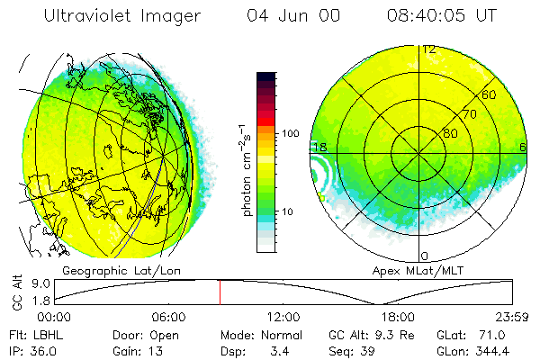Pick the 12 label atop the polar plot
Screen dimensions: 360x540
[x=429, y=49]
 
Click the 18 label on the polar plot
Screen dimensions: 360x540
[x=319, y=147]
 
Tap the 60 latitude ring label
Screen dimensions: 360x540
[x=490, y=94]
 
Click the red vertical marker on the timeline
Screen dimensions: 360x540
[x=220, y=292]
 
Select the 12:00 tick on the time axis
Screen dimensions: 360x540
[x=283, y=317]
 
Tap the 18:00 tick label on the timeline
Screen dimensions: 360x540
[x=398, y=317]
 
